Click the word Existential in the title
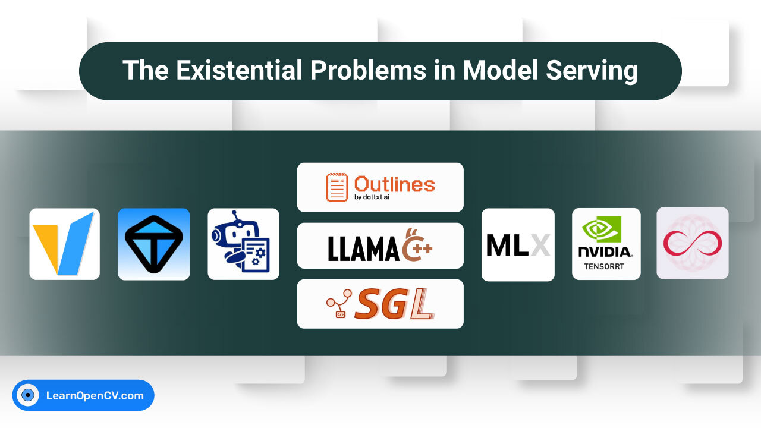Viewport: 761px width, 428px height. [x=239, y=70]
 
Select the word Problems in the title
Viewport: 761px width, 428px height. [x=368, y=70]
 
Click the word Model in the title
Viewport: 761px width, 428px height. [x=501, y=70]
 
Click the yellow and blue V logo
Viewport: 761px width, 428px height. [x=64, y=244]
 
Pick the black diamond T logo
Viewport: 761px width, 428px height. [x=154, y=244]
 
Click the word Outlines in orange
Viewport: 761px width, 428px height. [x=394, y=184]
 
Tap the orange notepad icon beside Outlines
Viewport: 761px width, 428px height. [x=337, y=187]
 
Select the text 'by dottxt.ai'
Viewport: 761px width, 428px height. [x=372, y=197]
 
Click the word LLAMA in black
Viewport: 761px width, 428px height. [x=363, y=248]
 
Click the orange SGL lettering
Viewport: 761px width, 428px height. [x=394, y=304]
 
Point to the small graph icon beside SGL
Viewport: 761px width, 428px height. [x=339, y=303]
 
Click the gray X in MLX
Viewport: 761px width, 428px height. [x=540, y=245]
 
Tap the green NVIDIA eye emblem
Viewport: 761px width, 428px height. [x=602, y=229]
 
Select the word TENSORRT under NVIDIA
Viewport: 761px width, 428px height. [x=604, y=267]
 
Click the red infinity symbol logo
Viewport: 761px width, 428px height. [x=693, y=243]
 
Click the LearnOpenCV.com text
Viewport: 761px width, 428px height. [x=95, y=396]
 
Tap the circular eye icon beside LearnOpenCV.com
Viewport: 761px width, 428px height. [x=27, y=395]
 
